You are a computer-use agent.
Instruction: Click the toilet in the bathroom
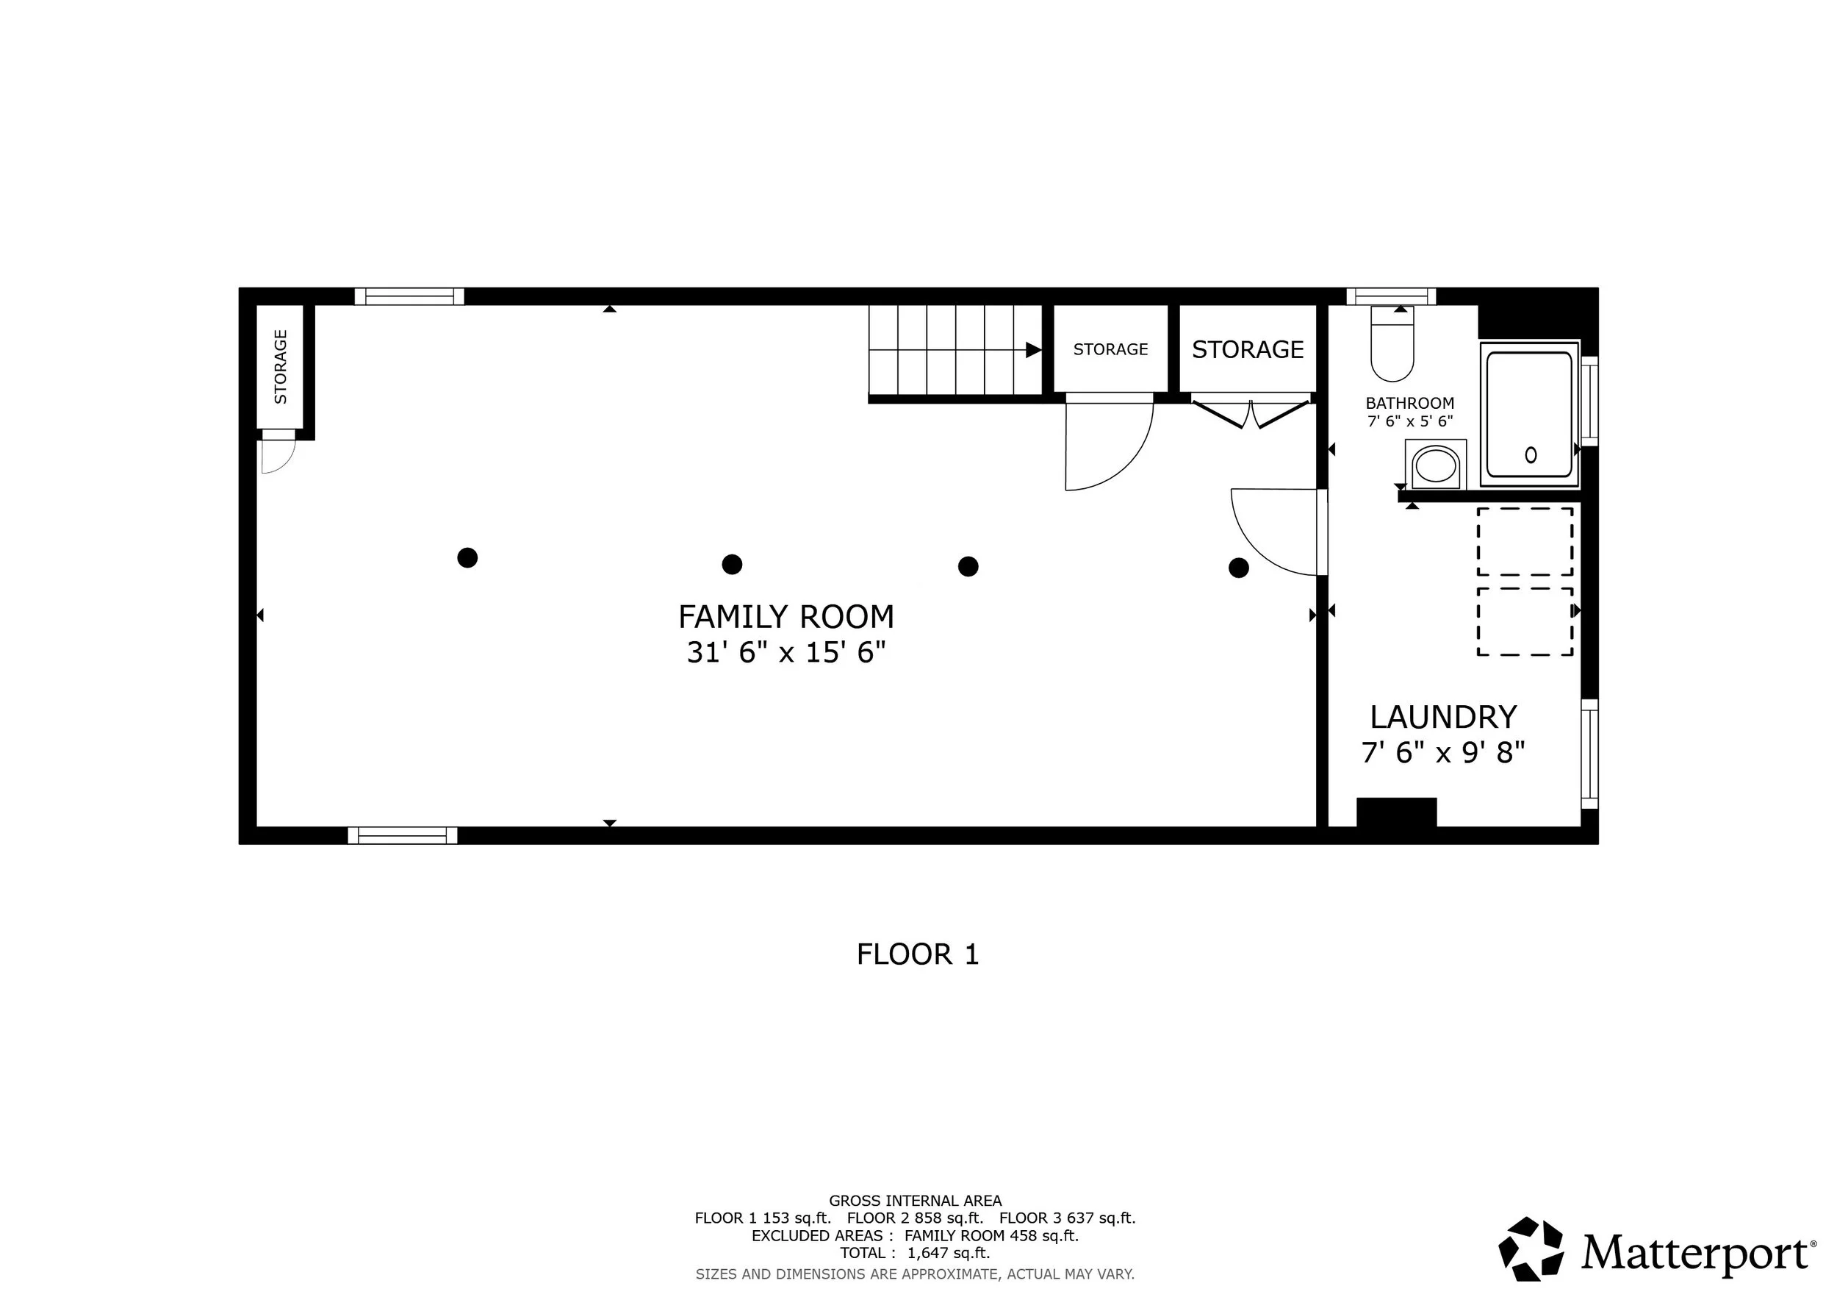1392,343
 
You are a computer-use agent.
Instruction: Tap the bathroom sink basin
1435,465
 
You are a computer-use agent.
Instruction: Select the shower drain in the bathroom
1531,454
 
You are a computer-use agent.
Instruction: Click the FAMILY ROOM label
786,617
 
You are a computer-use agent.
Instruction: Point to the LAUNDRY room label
1443,717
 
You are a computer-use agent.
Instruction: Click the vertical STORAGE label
281,367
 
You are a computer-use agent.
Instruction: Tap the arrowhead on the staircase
1034,350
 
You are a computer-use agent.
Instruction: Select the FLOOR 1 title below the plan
918,954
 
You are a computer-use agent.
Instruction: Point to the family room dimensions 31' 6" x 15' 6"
786,652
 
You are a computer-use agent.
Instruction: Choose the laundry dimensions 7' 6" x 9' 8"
1443,753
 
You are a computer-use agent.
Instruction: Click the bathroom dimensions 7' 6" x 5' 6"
1410,421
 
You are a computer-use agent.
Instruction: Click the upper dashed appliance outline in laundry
1525,541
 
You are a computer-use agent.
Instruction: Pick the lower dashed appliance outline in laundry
1525,622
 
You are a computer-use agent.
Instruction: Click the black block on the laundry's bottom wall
1396,813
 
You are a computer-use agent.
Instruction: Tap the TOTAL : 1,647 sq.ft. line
916,1254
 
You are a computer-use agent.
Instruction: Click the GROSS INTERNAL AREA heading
916,1201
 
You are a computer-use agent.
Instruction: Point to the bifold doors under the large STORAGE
1251,414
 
